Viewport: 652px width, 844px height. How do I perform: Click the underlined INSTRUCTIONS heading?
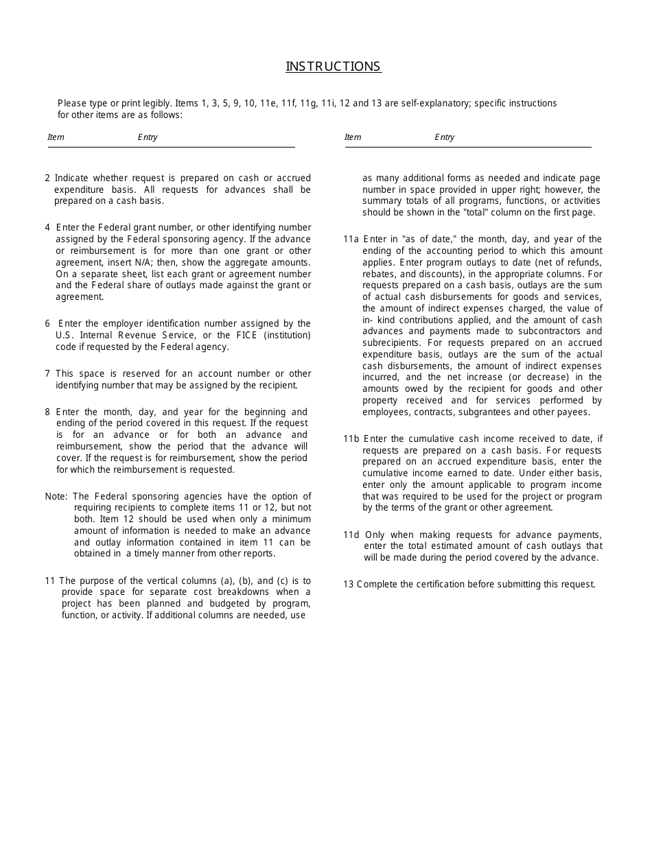(334, 67)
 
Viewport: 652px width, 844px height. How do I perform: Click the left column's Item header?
(56, 137)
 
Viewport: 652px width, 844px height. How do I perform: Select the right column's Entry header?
(444, 137)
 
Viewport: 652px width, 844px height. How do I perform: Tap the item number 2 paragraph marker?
(47, 178)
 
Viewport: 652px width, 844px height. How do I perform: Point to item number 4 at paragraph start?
(47, 227)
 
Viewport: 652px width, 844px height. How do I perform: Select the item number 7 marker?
(47, 373)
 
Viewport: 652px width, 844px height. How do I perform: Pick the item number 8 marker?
(47, 412)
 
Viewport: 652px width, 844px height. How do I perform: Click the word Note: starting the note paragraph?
(56, 496)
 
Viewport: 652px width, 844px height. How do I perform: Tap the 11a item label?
(351, 239)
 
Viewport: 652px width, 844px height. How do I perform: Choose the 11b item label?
(351, 438)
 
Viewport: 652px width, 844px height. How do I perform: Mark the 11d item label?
(351, 535)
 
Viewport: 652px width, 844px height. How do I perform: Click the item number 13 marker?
(348, 585)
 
